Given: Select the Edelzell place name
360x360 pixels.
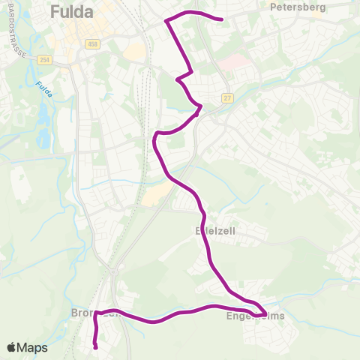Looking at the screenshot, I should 215,232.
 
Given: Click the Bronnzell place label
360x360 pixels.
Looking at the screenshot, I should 95,313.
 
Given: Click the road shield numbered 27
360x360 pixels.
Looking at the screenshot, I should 227,98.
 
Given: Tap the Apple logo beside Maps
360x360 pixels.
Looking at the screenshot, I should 12,347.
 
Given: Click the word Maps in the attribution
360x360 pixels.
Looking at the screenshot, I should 32,347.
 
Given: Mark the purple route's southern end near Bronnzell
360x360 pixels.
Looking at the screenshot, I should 95,346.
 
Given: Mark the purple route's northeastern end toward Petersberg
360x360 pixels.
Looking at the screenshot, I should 223,19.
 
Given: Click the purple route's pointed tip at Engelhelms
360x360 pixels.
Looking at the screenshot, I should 266,313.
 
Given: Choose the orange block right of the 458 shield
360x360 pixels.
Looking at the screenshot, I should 135,51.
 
